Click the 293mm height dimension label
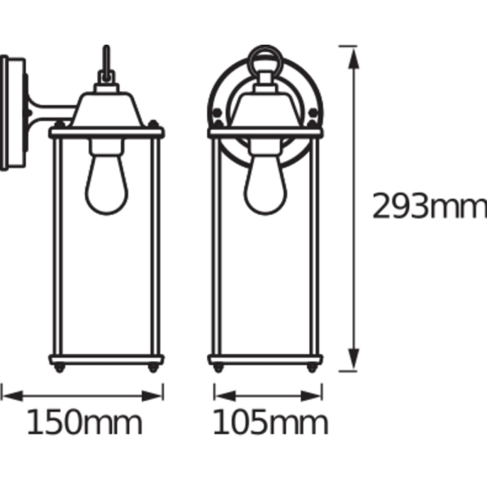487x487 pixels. tap(429, 206)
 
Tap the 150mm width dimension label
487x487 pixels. tap(84, 422)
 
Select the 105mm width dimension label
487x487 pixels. tap(270, 422)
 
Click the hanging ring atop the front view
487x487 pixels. tap(265, 46)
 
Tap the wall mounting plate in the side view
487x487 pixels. tap(12, 113)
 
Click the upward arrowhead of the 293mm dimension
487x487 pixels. tap(353, 58)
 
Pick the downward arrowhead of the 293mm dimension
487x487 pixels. tap(353, 359)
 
